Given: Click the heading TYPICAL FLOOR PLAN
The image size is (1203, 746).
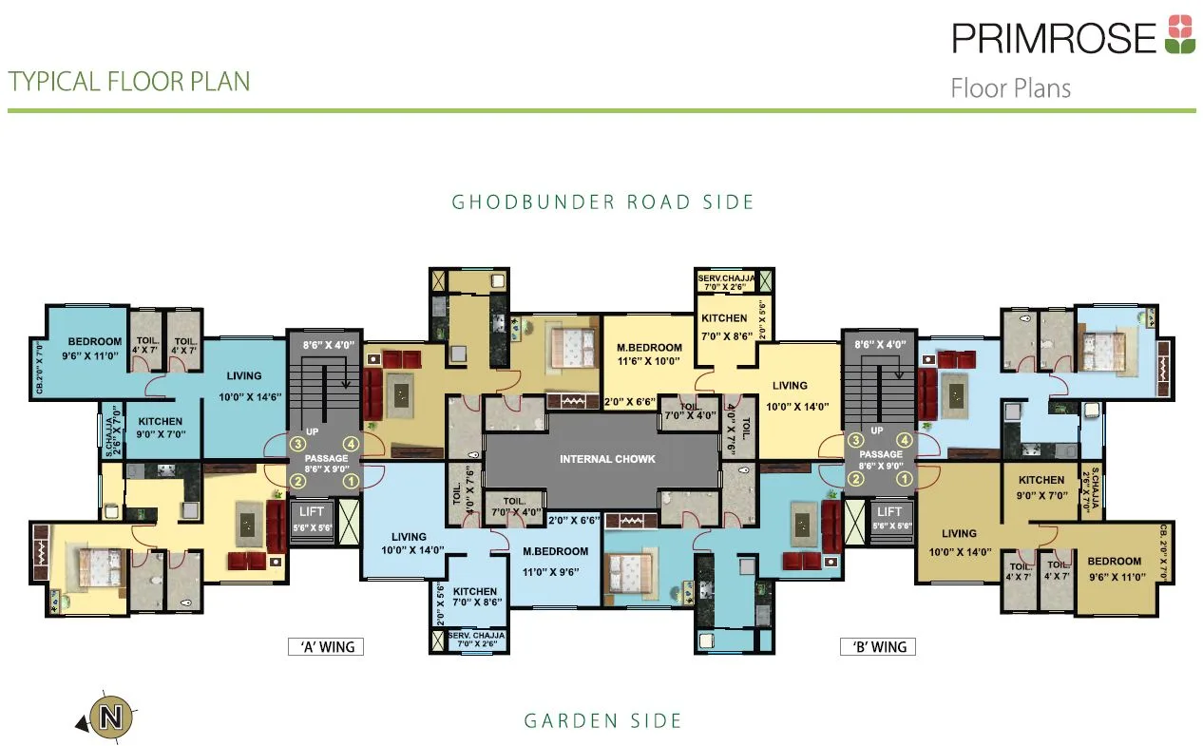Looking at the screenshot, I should coord(129,82).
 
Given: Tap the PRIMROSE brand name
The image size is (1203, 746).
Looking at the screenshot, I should coord(1055,38).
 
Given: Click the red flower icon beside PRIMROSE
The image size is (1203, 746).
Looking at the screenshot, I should coord(1180,34).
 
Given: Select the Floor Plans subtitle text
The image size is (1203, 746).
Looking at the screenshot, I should coord(1010,89).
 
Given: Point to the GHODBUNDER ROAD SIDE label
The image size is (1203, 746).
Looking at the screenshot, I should coord(602,202).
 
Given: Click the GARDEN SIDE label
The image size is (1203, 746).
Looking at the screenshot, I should coord(602,721).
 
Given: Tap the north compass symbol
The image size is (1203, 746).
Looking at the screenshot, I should coord(110,716).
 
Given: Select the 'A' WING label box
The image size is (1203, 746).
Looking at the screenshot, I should coord(326,647).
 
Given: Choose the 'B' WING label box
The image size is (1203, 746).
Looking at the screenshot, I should coord(877,647).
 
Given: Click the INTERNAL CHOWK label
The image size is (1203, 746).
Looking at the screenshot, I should coord(607,460).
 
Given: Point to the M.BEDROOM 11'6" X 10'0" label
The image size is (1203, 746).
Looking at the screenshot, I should coord(650,354).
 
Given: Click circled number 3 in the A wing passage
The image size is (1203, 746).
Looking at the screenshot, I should coord(296,444).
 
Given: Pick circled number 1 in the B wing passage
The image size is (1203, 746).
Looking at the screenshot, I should coord(906,480).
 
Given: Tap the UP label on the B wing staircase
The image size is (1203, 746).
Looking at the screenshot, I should coord(877,430).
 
